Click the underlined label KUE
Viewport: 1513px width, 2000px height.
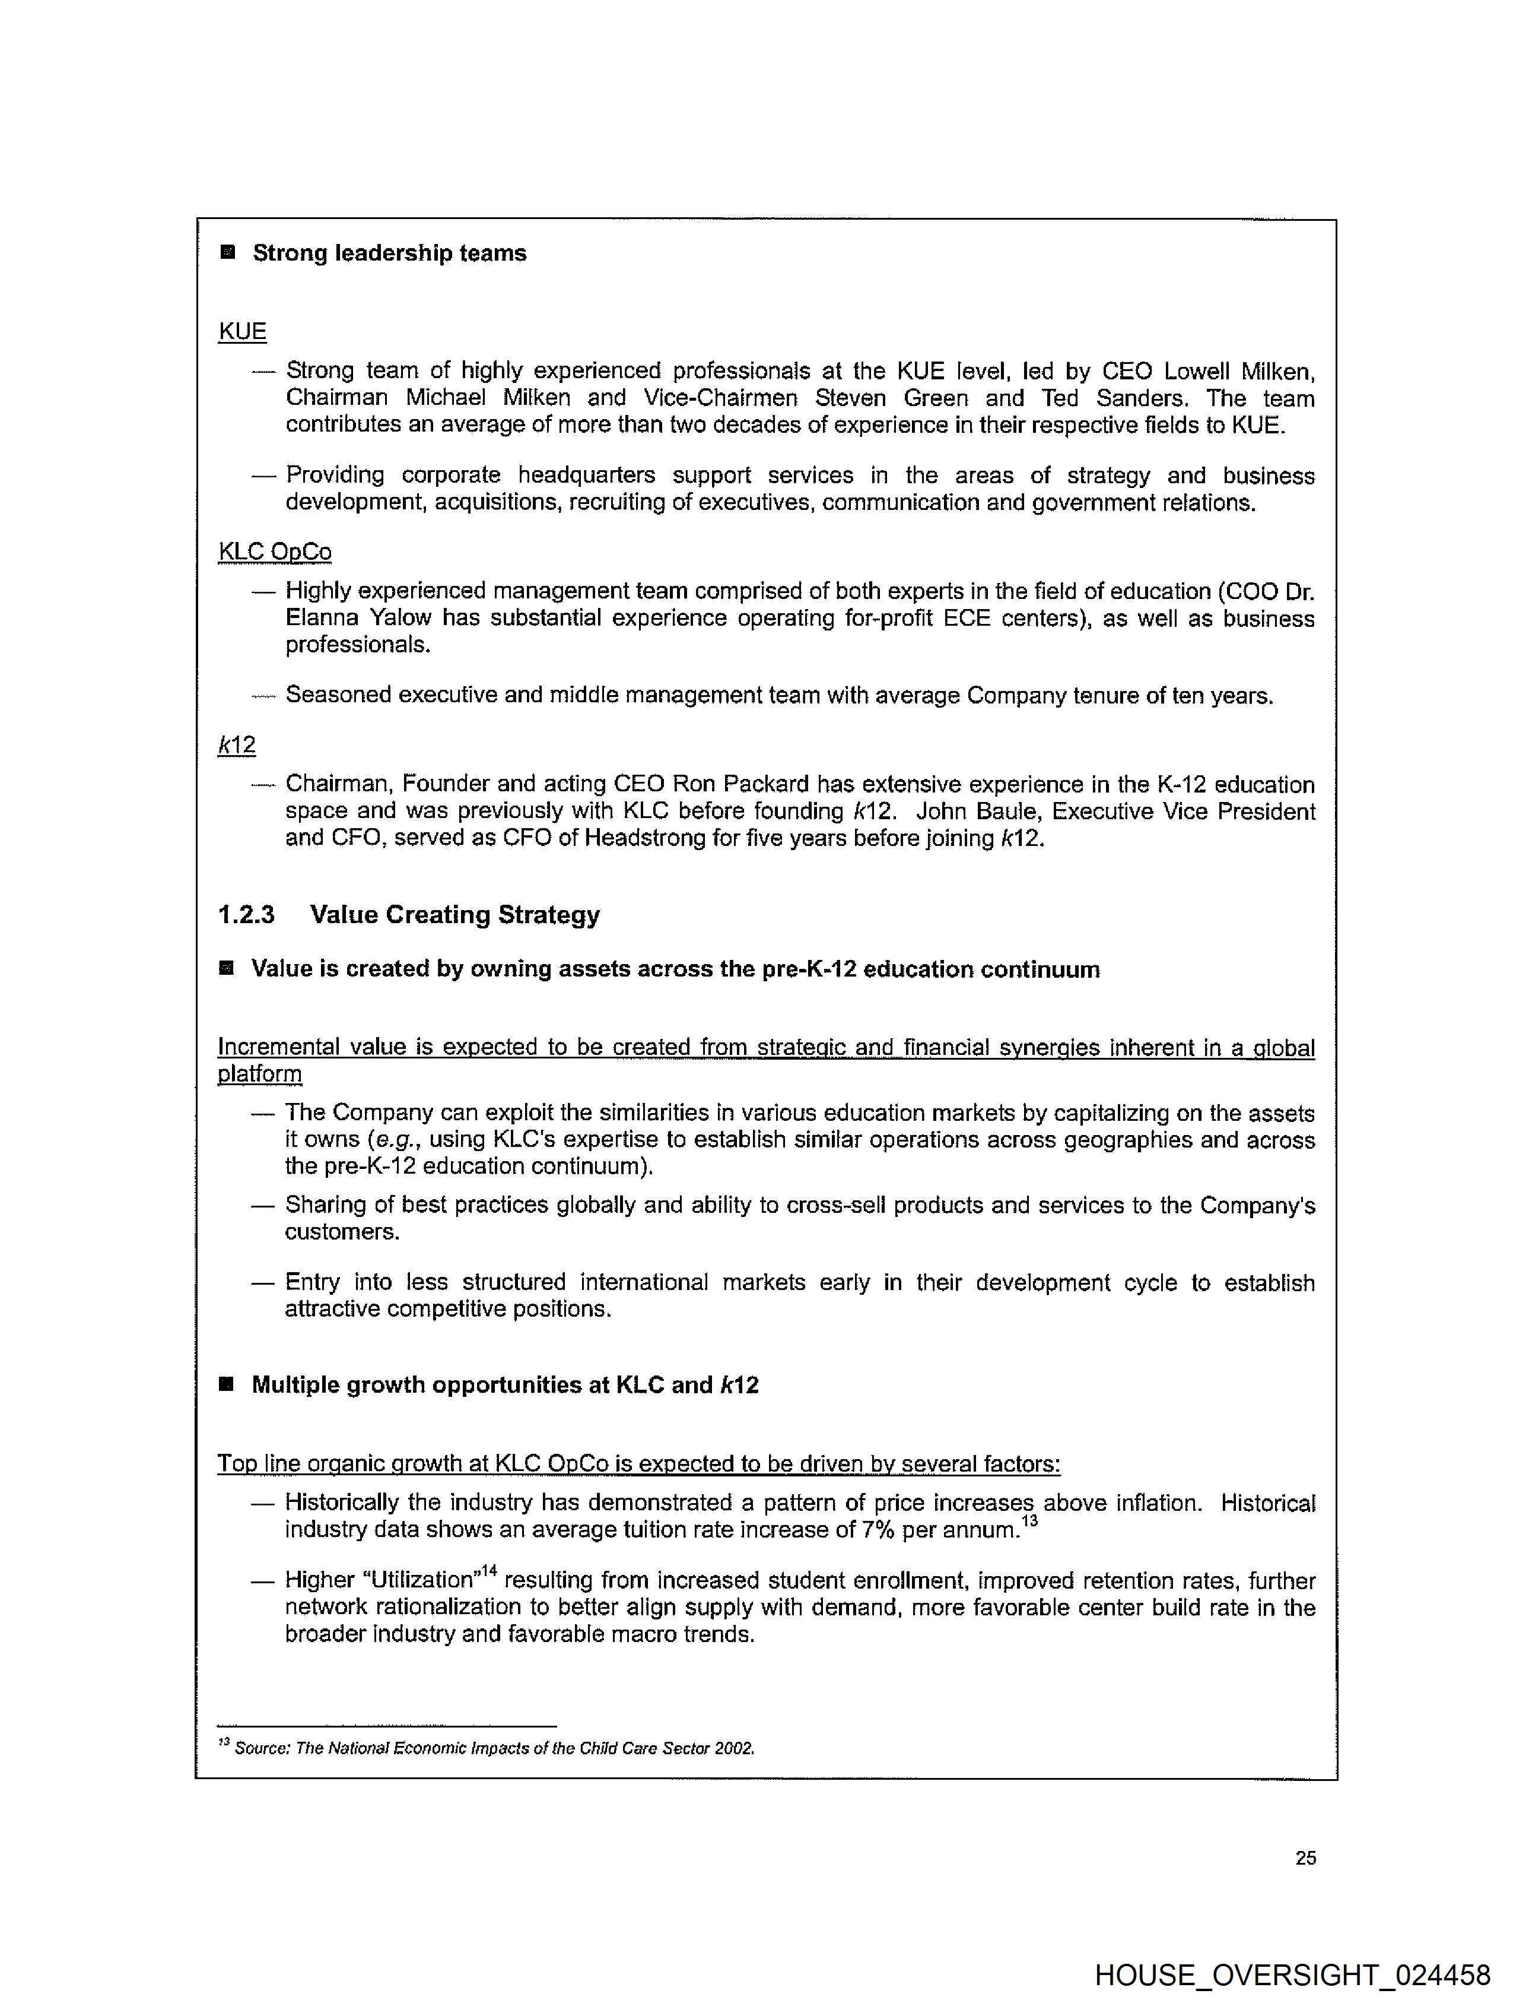242,332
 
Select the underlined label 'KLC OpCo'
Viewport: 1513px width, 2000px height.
275,551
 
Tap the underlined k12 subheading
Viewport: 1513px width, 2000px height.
237,745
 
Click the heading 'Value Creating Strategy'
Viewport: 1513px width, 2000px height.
454,915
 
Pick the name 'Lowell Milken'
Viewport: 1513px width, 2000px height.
1238,372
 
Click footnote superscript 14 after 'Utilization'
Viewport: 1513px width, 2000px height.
488,1571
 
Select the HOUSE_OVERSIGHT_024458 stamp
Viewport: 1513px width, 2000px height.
1292,1974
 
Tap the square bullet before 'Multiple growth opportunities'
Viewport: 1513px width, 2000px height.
227,1384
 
